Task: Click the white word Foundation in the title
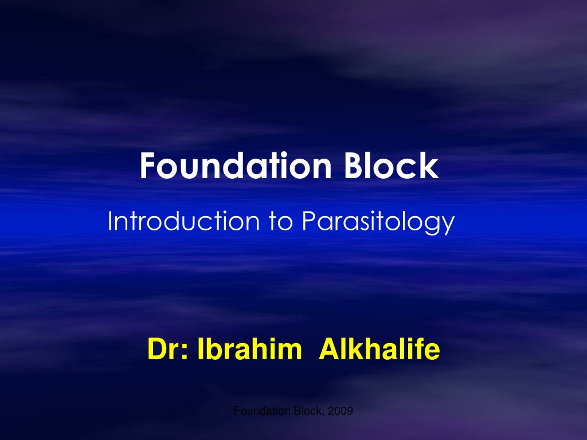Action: click(x=236, y=166)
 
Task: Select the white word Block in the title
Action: click(x=391, y=166)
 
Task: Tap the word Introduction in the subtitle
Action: click(x=183, y=221)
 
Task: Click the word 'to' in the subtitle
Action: click(x=280, y=222)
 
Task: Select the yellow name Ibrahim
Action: click(x=249, y=349)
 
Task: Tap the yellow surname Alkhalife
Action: click(x=379, y=349)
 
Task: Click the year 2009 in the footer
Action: click(x=341, y=411)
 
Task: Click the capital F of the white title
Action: click(x=147, y=166)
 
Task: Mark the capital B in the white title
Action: click(x=353, y=166)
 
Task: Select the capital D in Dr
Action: click(x=157, y=349)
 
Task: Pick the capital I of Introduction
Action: click(x=110, y=221)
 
